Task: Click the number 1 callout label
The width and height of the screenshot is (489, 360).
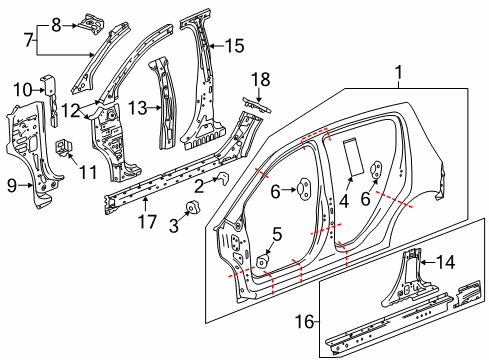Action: pos(400,72)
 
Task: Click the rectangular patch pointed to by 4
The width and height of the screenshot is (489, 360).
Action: pos(353,157)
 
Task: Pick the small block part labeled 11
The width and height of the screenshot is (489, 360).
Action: pos(68,149)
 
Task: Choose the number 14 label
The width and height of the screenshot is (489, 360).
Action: pos(448,261)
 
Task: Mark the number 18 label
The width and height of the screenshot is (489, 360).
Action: pos(260,78)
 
